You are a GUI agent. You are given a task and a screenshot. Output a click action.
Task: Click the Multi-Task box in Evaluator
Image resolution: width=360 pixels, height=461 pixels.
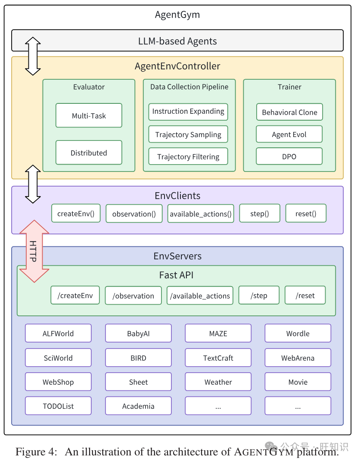coord(89,115)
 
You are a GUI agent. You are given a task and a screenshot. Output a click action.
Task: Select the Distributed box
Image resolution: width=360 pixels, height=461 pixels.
coord(89,153)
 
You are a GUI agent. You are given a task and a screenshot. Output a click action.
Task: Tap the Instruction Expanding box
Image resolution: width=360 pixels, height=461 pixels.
coord(188,112)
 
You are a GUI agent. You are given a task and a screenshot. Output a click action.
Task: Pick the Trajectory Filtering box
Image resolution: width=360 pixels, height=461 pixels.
coord(188,156)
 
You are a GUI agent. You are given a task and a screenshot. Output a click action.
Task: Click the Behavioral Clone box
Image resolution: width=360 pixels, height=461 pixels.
coord(289,112)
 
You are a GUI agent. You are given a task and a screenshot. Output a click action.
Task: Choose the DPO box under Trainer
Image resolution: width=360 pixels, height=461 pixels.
coord(289,156)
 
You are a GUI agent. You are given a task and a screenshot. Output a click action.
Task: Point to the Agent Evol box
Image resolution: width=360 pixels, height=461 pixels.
coord(289,134)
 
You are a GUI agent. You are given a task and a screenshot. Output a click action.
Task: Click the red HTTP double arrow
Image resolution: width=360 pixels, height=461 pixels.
coord(34,251)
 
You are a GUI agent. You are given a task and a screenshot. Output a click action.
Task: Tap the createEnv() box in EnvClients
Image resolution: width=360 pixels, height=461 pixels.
coord(76,213)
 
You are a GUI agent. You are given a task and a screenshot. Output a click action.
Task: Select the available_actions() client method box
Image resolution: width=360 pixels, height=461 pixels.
coord(201,214)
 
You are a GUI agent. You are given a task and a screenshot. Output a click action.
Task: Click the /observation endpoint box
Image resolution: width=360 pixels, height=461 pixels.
coord(133,296)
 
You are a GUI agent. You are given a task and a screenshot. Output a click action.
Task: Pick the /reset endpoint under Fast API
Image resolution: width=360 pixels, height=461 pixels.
coord(305,295)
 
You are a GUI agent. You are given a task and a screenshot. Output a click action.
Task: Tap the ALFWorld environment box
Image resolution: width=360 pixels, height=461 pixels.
coord(58,333)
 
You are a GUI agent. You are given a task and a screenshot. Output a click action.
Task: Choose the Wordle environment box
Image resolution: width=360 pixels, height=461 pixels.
coord(298,333)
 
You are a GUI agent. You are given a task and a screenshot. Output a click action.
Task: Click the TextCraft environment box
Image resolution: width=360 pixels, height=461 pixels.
coord(218,358)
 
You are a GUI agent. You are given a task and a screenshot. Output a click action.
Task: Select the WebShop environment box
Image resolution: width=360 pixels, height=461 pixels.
coord(58,382)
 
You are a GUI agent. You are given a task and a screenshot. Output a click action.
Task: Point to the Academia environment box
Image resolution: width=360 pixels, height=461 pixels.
coord(138,406)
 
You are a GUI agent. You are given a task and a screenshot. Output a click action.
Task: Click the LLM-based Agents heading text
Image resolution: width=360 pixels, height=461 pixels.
coord(177,41)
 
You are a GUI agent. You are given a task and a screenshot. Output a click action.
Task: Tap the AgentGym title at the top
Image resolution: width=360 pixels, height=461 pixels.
coord(177,15)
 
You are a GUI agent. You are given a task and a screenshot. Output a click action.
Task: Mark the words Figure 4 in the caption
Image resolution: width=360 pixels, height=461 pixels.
coord(36,452)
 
